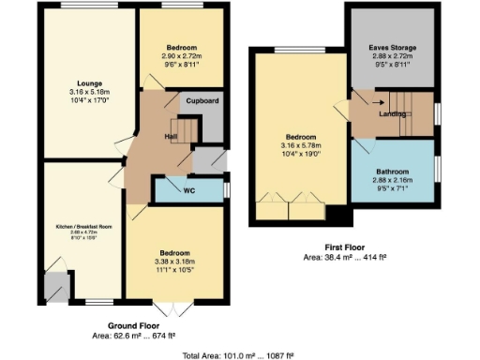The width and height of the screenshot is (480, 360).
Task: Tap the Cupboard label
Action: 202,100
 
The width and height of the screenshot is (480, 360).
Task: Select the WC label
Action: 188,190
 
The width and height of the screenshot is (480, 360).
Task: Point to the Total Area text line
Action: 238,353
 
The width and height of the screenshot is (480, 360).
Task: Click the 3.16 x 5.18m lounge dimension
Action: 88,93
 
